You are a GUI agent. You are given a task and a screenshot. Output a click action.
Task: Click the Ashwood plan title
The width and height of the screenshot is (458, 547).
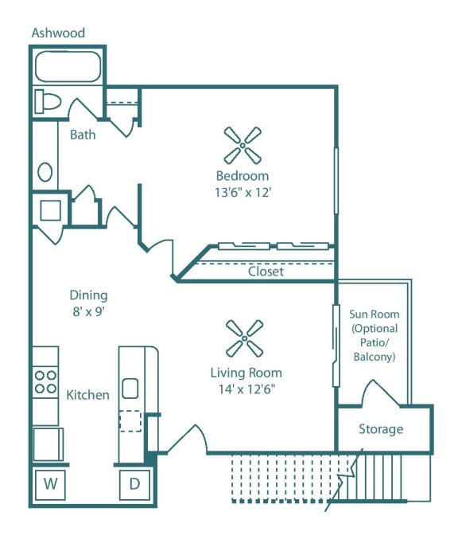point(58,33)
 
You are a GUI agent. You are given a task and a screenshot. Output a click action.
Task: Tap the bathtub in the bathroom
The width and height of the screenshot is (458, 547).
point(67,67)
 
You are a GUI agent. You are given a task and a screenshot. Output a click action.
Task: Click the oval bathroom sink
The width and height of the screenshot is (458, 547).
point(45,171)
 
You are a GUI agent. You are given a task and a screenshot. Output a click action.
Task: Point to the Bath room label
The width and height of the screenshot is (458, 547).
point(83,135)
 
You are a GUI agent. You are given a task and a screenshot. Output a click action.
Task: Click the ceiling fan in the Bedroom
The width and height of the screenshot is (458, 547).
point(242,144)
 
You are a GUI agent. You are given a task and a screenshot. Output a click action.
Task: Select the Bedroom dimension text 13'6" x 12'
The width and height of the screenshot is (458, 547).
point(242,192)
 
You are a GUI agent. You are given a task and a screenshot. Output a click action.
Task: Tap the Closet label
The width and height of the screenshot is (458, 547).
point(266,272)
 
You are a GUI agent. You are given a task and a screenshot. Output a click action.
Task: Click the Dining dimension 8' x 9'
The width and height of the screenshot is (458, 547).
point(87,311)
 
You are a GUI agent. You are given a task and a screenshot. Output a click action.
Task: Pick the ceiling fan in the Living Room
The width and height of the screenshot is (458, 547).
point(245,338)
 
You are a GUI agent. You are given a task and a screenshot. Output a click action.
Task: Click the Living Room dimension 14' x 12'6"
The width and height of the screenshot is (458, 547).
point(246,389)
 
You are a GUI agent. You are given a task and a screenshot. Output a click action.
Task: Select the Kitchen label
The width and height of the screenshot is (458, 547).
point(87,395)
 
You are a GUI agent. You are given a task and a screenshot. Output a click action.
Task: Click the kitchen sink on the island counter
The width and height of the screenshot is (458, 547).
point(130,389)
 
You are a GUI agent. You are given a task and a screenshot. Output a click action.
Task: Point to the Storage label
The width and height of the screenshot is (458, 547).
point(380,429)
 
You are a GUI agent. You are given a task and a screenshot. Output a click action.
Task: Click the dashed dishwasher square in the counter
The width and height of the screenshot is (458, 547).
point(130,420)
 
